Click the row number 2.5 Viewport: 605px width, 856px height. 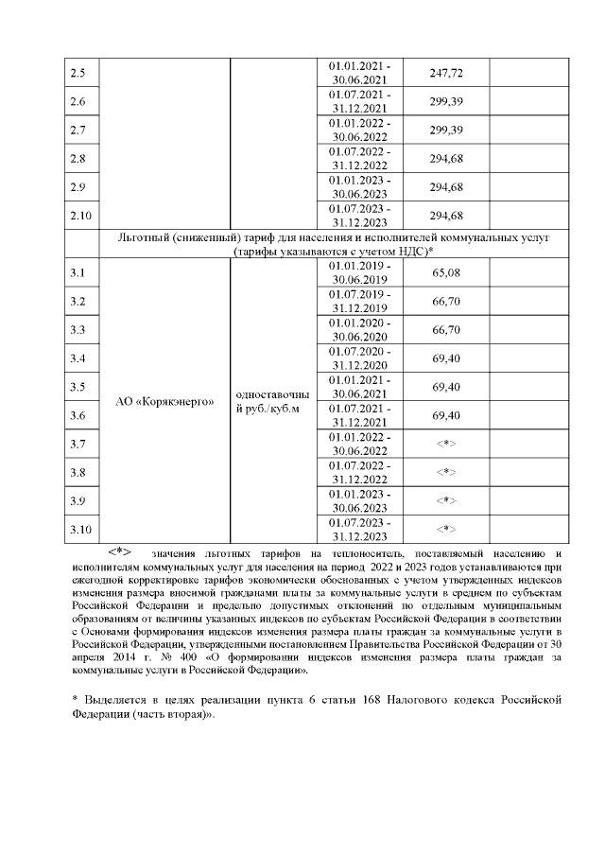[x=78, y=74]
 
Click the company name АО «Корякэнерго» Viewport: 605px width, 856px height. [x=164, y=401]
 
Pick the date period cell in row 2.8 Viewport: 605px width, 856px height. [x=358, y=158]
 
